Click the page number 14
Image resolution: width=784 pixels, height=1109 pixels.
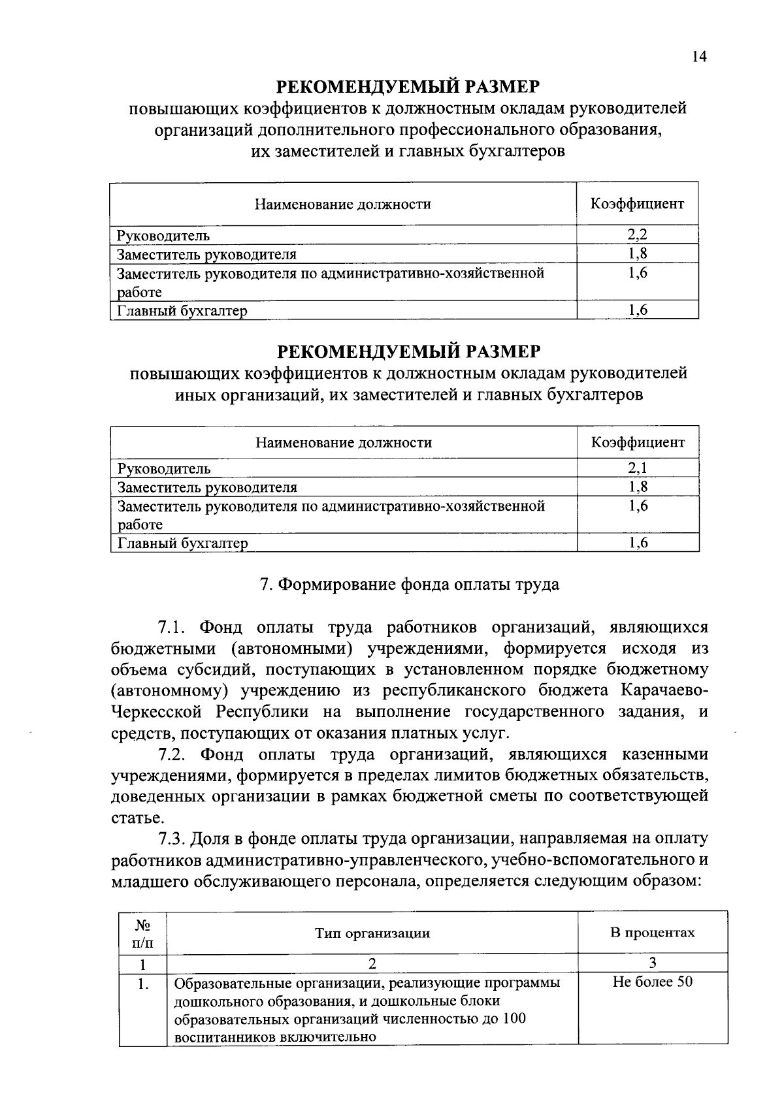698,57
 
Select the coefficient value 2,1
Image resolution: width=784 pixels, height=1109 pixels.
638,468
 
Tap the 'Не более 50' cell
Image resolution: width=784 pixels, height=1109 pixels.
652,982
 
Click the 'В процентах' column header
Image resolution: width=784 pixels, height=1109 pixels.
652,932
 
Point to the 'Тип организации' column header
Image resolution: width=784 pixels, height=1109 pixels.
372,933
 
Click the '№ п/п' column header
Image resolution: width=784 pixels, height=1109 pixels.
142,933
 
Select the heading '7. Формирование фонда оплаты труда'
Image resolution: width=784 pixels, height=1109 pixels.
410,584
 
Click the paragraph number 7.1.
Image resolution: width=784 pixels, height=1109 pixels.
173,628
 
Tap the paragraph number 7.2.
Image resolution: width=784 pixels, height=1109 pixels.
173,754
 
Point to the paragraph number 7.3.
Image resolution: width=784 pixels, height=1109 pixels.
173,839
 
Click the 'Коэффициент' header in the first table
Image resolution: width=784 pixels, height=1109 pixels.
637,204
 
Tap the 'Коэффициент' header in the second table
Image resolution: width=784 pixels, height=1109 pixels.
638,442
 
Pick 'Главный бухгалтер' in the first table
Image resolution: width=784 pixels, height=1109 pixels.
182,311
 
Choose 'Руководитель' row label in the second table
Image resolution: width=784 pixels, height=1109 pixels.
164,468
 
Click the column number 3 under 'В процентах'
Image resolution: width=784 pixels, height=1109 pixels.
652,963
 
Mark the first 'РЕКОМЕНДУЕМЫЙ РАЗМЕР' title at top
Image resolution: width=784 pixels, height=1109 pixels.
409,87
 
